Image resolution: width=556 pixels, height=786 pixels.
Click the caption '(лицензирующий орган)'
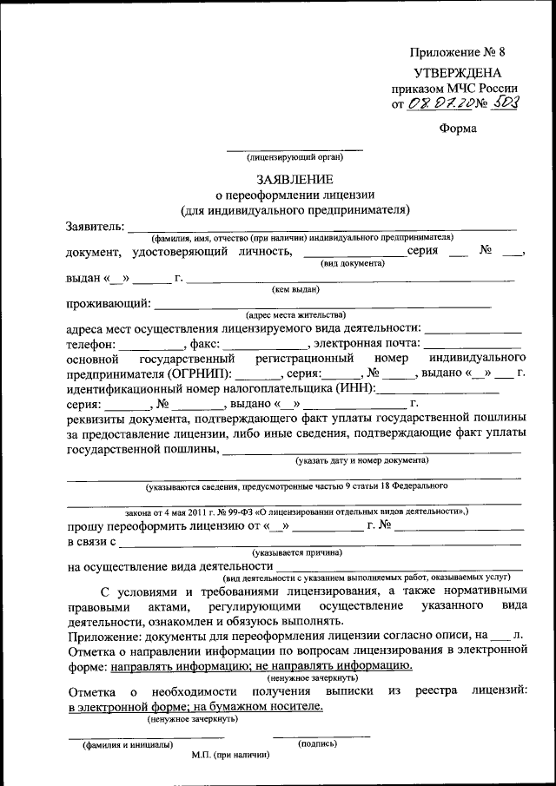point(295,157)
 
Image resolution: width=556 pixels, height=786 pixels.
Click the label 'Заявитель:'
point(95,227)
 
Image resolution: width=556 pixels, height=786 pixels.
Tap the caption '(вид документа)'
point(352,262)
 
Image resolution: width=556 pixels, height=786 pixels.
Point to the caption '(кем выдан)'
point(295,289)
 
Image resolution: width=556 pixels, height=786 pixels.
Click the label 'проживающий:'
point(108,303)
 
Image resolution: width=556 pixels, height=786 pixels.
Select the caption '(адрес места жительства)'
point(295,314)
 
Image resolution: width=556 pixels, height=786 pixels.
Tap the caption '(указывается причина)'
point(297,552)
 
